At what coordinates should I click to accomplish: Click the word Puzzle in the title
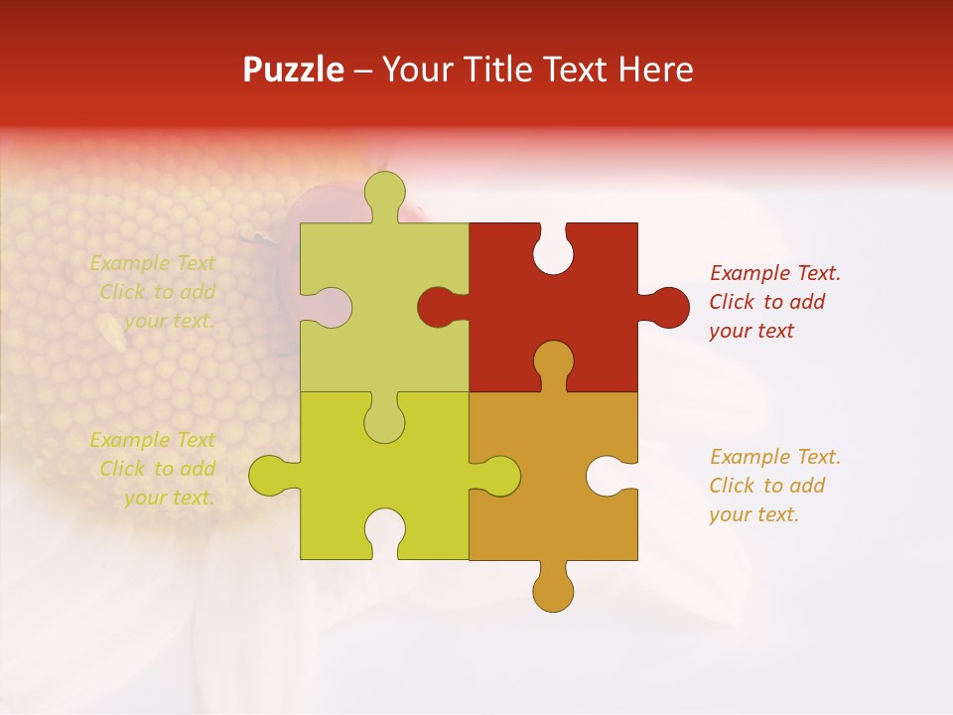coord(294,70)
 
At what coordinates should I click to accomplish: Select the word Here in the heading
coord(655,70)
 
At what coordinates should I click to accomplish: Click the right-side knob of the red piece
coord(667,307)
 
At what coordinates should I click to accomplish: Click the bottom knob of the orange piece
coord(553,588)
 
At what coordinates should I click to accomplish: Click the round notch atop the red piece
coord(553,251)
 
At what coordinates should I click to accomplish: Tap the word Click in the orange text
coord(733,486)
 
